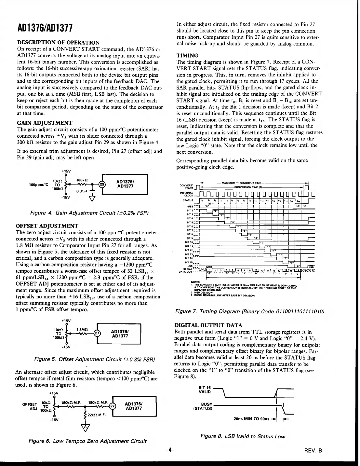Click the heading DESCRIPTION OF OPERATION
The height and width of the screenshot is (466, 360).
tap(58, 43)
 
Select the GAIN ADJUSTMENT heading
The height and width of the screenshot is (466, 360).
tap(44, 123)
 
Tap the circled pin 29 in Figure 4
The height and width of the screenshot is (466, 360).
tap(102, 184)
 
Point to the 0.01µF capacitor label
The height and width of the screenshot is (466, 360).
tap(81, 191)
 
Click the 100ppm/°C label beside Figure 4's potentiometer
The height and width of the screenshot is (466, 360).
tap(38, 185)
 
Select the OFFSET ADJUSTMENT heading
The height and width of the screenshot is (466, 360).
tap(47, 226)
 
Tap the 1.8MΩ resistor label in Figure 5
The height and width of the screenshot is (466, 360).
tap(81, 330)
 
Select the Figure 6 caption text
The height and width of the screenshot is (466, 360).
tap(87, 441)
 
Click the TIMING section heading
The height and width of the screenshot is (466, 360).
tap(187, 55)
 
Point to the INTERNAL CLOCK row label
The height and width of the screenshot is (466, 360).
tap(187, 194)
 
